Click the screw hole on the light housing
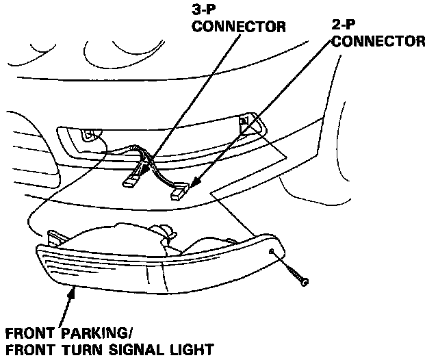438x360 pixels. (x=272, y=253)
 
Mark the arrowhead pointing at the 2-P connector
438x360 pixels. (x=194, y=183)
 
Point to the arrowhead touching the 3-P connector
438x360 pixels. (x=146, y=169)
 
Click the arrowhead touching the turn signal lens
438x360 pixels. (x=70, y=292)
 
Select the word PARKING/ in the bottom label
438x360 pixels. (x=95, y=335)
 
